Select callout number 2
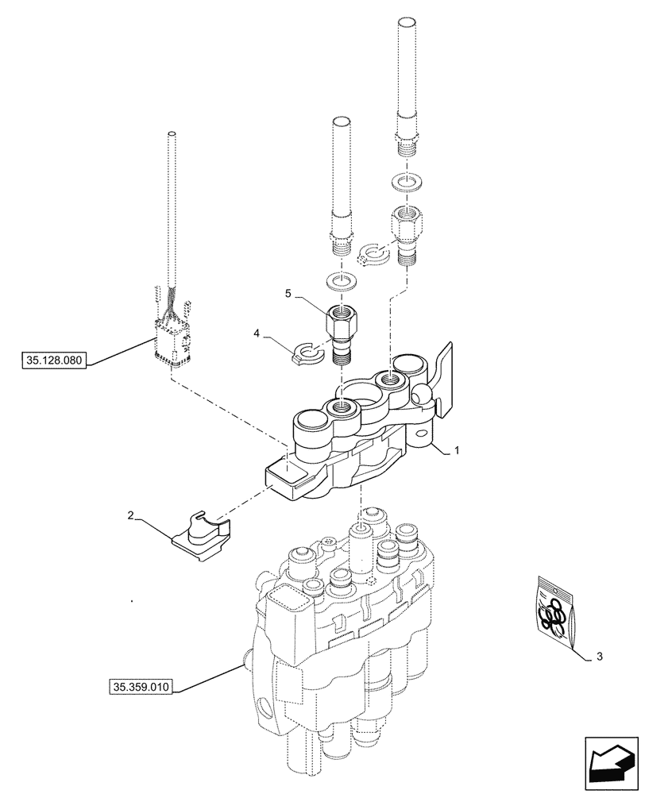tap(129, 516)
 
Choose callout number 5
tap(288, 293)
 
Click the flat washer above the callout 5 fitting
tap(342, 281)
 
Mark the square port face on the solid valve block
tap(287, 478)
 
